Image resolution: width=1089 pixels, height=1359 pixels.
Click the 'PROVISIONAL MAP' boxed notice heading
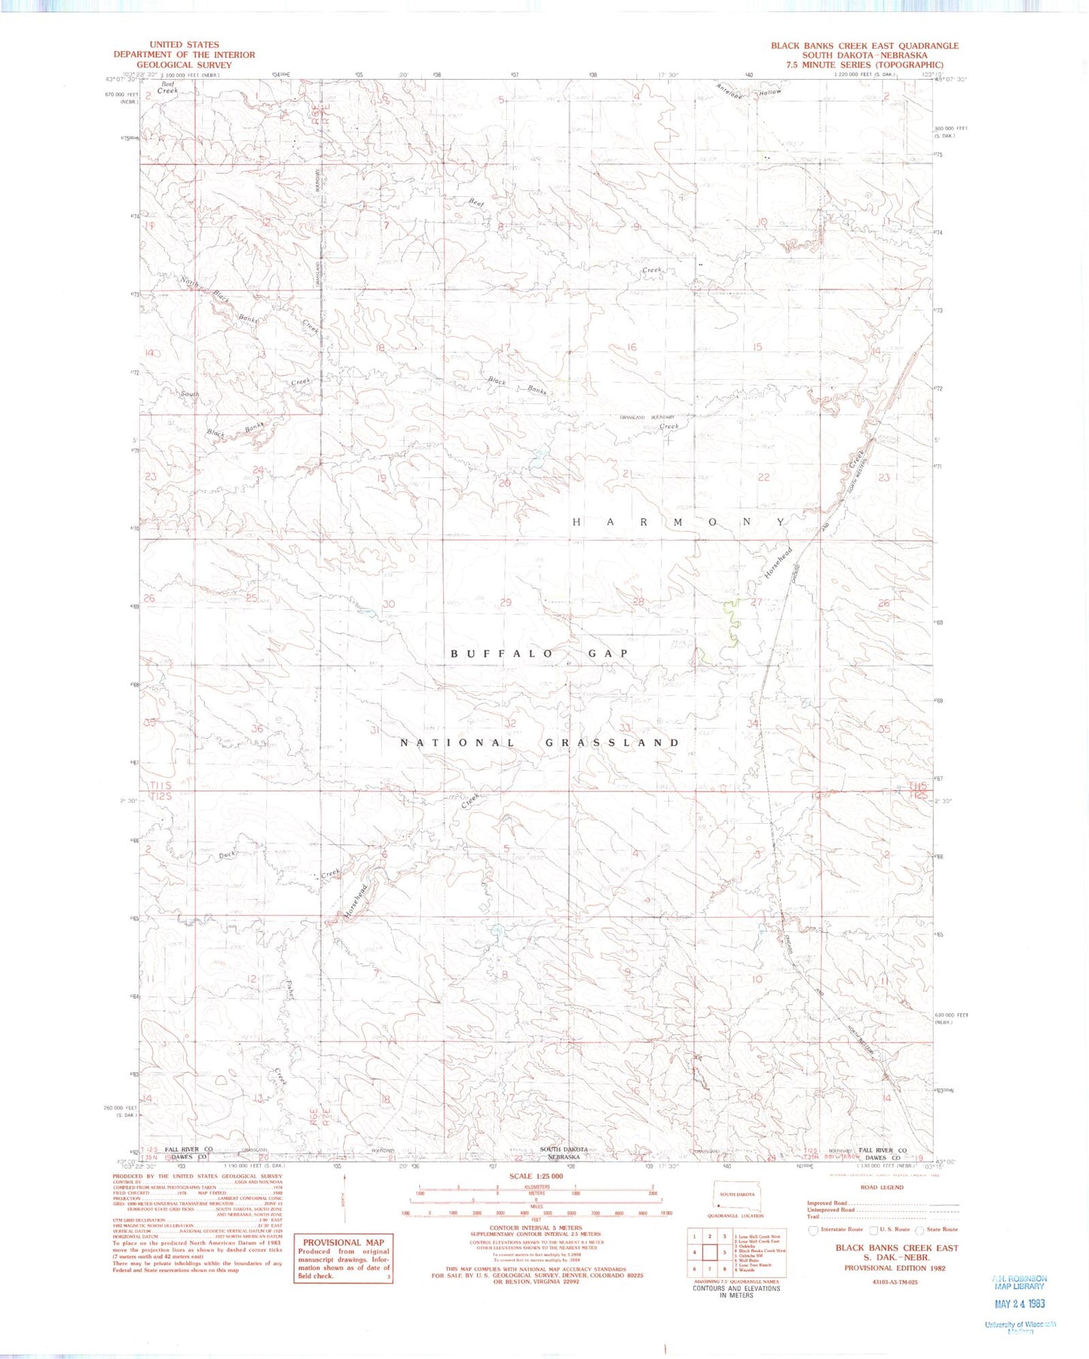(343, 1243)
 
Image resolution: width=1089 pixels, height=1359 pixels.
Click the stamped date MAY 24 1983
(1018, 1303)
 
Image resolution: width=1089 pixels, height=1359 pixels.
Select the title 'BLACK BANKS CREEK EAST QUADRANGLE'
(864, 46)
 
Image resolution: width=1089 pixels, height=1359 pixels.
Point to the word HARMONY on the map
(681, 522)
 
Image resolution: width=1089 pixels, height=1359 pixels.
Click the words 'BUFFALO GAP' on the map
(540, 653)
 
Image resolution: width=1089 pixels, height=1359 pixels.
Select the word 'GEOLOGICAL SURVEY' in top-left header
(184, 65)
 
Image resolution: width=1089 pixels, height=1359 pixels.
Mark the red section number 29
(506, 602)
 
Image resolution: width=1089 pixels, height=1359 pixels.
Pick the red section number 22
(764, 477)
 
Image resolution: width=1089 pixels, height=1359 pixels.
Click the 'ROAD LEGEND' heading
(882, 1187)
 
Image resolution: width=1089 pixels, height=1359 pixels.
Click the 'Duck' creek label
(227, 855)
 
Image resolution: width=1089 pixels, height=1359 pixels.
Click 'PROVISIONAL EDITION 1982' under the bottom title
(895, 1268)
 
